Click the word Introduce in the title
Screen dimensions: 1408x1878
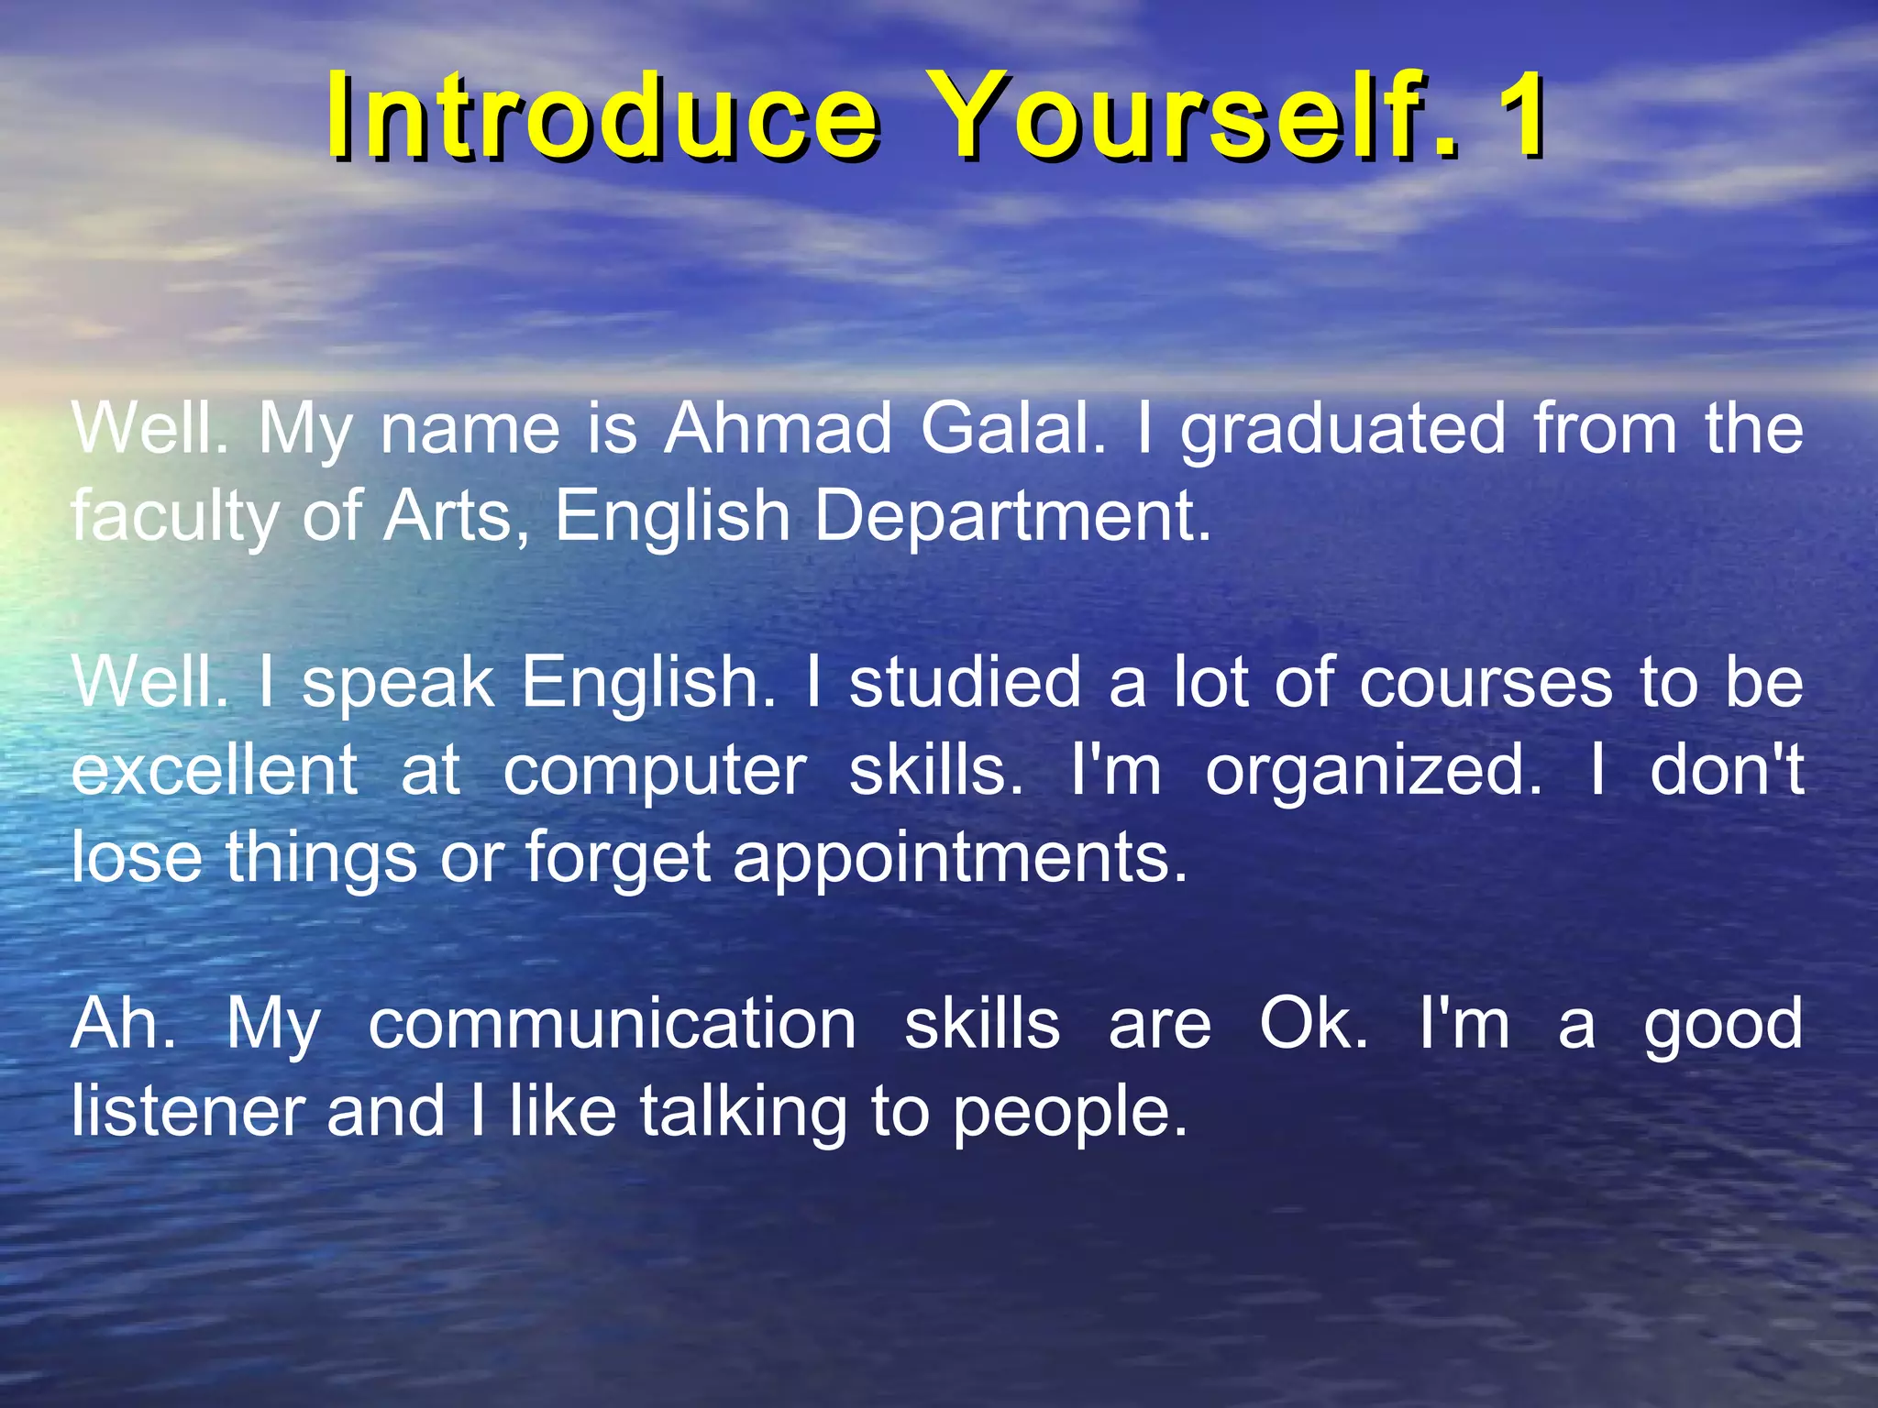click(x=602, y=116)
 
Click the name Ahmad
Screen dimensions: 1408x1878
click(x=778, y=429)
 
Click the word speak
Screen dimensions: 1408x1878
click(x=398, y=685)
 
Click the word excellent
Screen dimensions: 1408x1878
click(x=214, y=770)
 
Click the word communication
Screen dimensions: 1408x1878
click(x=613, y=1024)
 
